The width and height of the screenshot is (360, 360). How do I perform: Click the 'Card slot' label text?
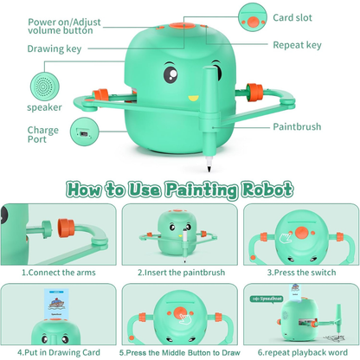[292, 17]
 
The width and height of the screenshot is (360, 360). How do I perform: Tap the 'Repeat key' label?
[297, 45]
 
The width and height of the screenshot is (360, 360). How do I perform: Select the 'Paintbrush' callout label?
[297, 126]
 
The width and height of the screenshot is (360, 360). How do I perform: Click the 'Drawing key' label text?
[55, 48]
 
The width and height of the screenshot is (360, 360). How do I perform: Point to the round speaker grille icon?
[45, 87]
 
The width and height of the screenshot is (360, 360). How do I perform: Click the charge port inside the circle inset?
[84, 133]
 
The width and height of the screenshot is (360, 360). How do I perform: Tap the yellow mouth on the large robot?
[193, 99]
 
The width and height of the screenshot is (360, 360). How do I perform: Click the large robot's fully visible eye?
[170, 74]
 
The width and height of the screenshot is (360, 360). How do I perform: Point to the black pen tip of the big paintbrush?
[209, 168]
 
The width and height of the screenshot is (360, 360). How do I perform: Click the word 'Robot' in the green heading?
[267, 190]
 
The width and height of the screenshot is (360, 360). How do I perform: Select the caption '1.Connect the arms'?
[59, 273]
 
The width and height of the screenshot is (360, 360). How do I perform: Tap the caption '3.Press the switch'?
[301, 273]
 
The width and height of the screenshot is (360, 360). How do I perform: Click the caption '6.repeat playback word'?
[303, 352]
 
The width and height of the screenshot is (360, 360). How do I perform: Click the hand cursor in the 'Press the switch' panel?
[286, 238]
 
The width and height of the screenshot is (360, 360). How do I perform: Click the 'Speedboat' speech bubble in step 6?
[267, 299]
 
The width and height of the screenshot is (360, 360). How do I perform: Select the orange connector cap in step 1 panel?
[66, 227]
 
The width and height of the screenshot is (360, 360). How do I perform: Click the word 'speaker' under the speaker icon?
[44, 107]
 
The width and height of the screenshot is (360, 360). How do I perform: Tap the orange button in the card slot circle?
[253, 22]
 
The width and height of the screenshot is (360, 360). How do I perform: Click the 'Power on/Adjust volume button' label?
[64, 26]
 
